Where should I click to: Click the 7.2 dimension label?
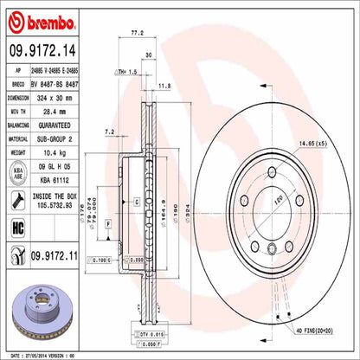[110, 132]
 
